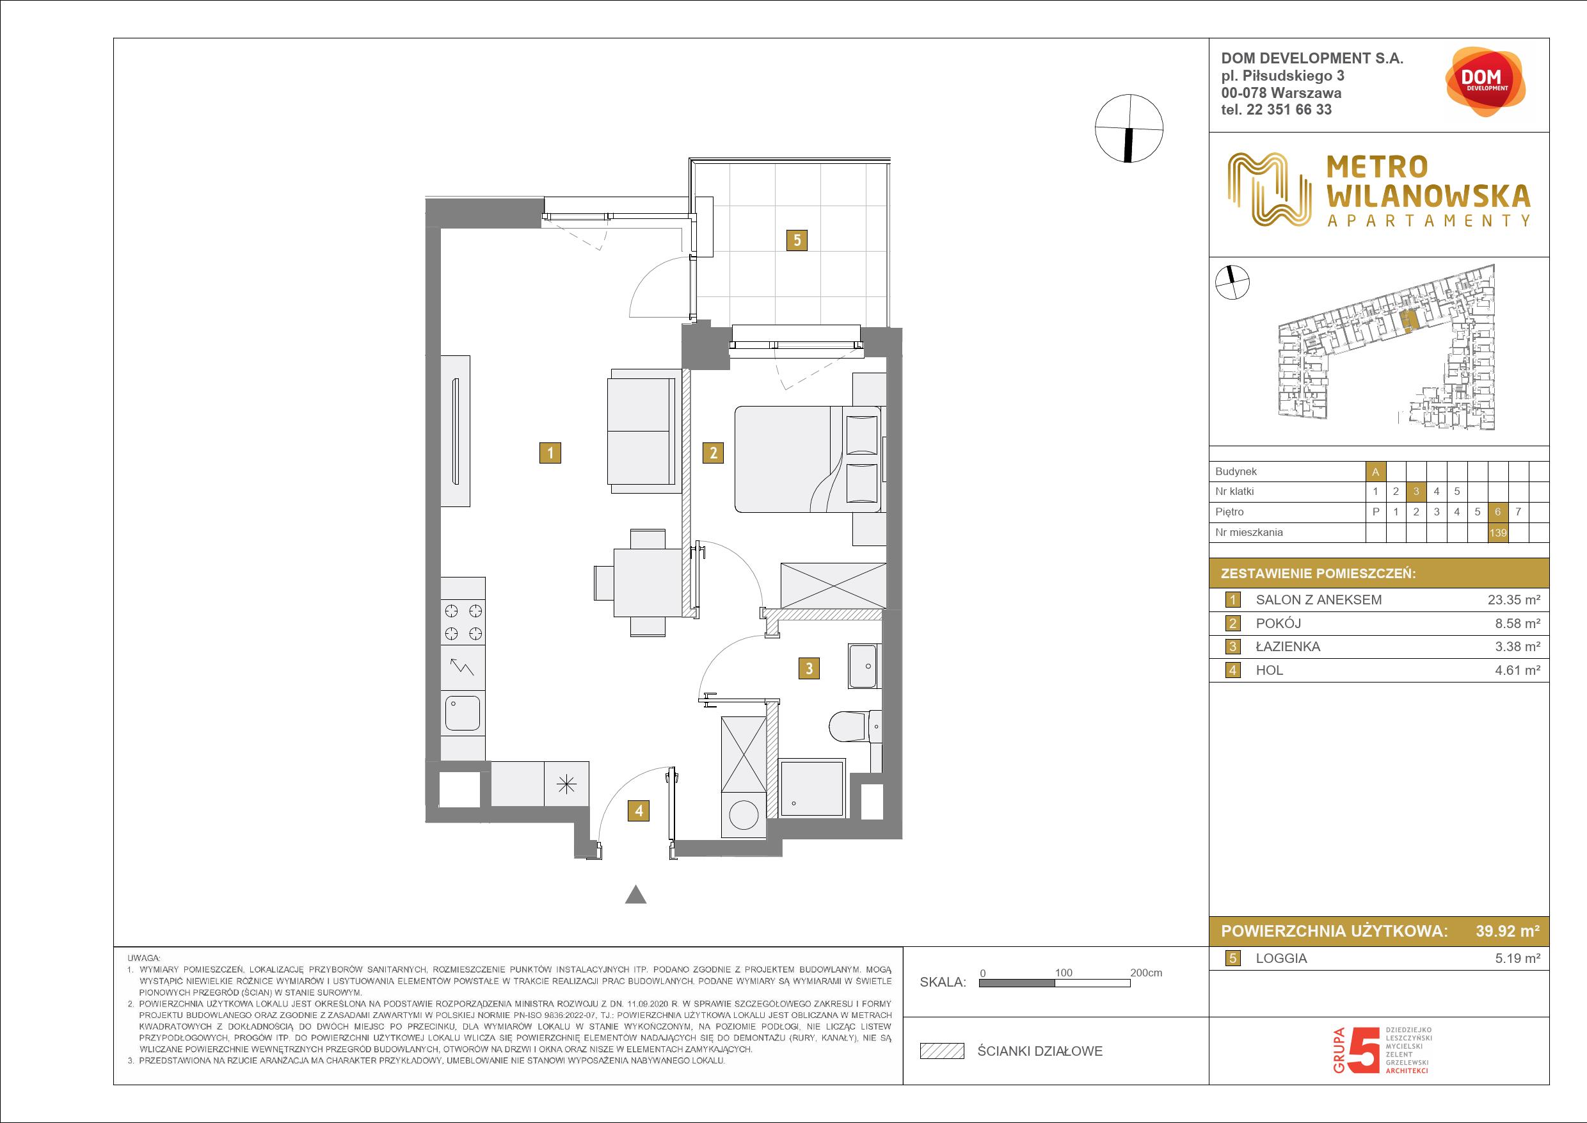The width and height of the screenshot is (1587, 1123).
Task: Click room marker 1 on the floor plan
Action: coord(550,453)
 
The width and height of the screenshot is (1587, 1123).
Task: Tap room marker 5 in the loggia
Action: coord(797,240)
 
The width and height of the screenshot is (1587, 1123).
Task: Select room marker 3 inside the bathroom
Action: coord(809,668)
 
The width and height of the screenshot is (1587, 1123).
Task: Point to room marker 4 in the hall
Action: coord(639,811)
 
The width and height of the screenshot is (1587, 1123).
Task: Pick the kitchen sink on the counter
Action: coord(463,713)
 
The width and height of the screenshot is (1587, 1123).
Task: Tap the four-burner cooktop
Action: coord(463,622)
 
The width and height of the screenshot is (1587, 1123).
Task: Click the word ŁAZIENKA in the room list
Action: coord(1288,647)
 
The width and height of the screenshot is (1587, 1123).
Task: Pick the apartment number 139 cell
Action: coord(1498,533)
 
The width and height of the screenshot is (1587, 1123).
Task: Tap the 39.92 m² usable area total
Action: coord(1508,931)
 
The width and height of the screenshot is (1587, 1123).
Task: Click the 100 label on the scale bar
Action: coord(1063,973)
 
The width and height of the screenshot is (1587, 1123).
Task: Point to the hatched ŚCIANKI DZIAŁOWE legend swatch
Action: coord(942,1051)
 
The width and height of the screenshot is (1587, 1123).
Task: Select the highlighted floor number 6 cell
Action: coord(1498,512)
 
